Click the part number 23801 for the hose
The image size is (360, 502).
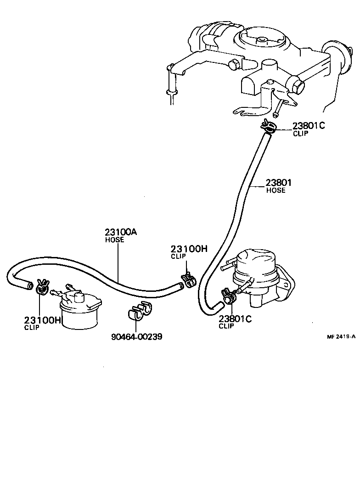pos(278,183)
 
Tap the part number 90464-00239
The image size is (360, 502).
pos(137,337)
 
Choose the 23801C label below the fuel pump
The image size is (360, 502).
pos(235,319)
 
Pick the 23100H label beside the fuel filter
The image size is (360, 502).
pos(42,320)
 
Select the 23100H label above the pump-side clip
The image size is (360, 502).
pos(189,249)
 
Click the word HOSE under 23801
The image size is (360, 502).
pos(276,190)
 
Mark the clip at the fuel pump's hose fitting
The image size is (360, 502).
pos(228,296)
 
